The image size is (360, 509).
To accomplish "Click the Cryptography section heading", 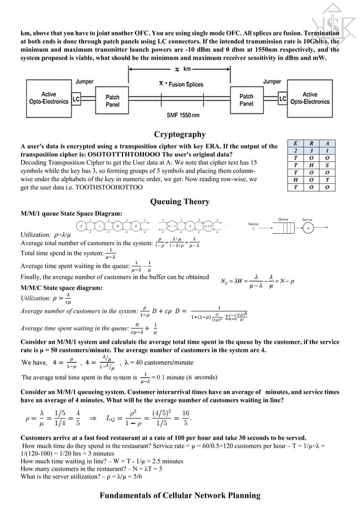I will pos(179,134).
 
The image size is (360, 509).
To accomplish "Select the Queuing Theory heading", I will pos(179,201).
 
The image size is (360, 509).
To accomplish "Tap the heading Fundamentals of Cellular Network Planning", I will pos(179,495).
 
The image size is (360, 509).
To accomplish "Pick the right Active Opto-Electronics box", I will pos(310,98).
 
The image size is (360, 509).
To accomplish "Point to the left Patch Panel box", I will pos(112,100).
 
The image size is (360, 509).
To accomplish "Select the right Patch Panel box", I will pos(247,100).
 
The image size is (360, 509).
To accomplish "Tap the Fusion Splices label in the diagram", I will pos(183,84).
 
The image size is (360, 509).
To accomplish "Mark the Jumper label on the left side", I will pos(85,82).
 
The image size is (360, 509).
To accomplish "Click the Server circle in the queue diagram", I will pos(308,229).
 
